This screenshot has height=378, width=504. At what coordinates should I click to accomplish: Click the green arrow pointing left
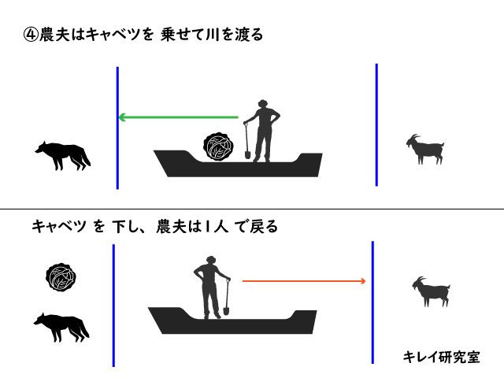tap(179, 117)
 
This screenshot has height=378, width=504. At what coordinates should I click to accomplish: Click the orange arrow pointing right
tap(304, 281)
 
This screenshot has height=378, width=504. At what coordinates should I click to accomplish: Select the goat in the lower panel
tap(432, 292)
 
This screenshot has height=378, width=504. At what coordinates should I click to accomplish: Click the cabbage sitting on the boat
tap(219, 146)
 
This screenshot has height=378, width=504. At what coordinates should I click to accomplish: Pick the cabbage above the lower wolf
tap(61, 277)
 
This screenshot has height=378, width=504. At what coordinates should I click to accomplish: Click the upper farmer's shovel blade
tap(247, 154)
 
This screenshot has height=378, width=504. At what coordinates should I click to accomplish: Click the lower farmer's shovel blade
tap(226, 312)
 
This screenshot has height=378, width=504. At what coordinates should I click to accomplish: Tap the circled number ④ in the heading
tap(31, 35)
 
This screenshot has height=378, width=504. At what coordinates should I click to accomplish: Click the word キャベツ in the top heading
tap(120, 35)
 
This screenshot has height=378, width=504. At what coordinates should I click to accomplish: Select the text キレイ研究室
tap(442, 357)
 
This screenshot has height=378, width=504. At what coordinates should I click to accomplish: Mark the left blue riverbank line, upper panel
tap(117, 128)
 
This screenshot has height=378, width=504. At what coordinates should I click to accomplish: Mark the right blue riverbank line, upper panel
tap(376, 124)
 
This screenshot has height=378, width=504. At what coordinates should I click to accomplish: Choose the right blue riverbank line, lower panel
tap(372, 302)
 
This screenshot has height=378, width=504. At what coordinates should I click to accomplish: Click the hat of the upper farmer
tap(262, 103)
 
